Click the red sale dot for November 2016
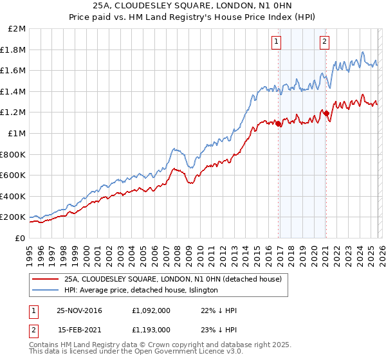click(279, 124)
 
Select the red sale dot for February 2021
click(326, 113)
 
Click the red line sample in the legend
click(45, 280)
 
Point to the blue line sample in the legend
click(45, 291)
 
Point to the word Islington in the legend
click(201, 291)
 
